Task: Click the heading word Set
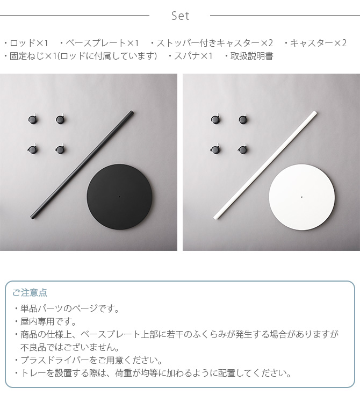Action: pyautogui.click(x=180, y=16)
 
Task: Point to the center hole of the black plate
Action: pyautogui.click(x=119, y=197)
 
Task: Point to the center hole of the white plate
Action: pyautogui.click(x=301, y=197)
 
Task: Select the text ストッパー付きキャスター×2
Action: pyautogui.click(x=215, y=43)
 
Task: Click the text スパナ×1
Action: pyautogui.click(x=192, y=56)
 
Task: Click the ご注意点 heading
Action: pyautogui.click(x=30, y=293)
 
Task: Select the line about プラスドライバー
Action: pyautogui.click(x=91, y=360)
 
